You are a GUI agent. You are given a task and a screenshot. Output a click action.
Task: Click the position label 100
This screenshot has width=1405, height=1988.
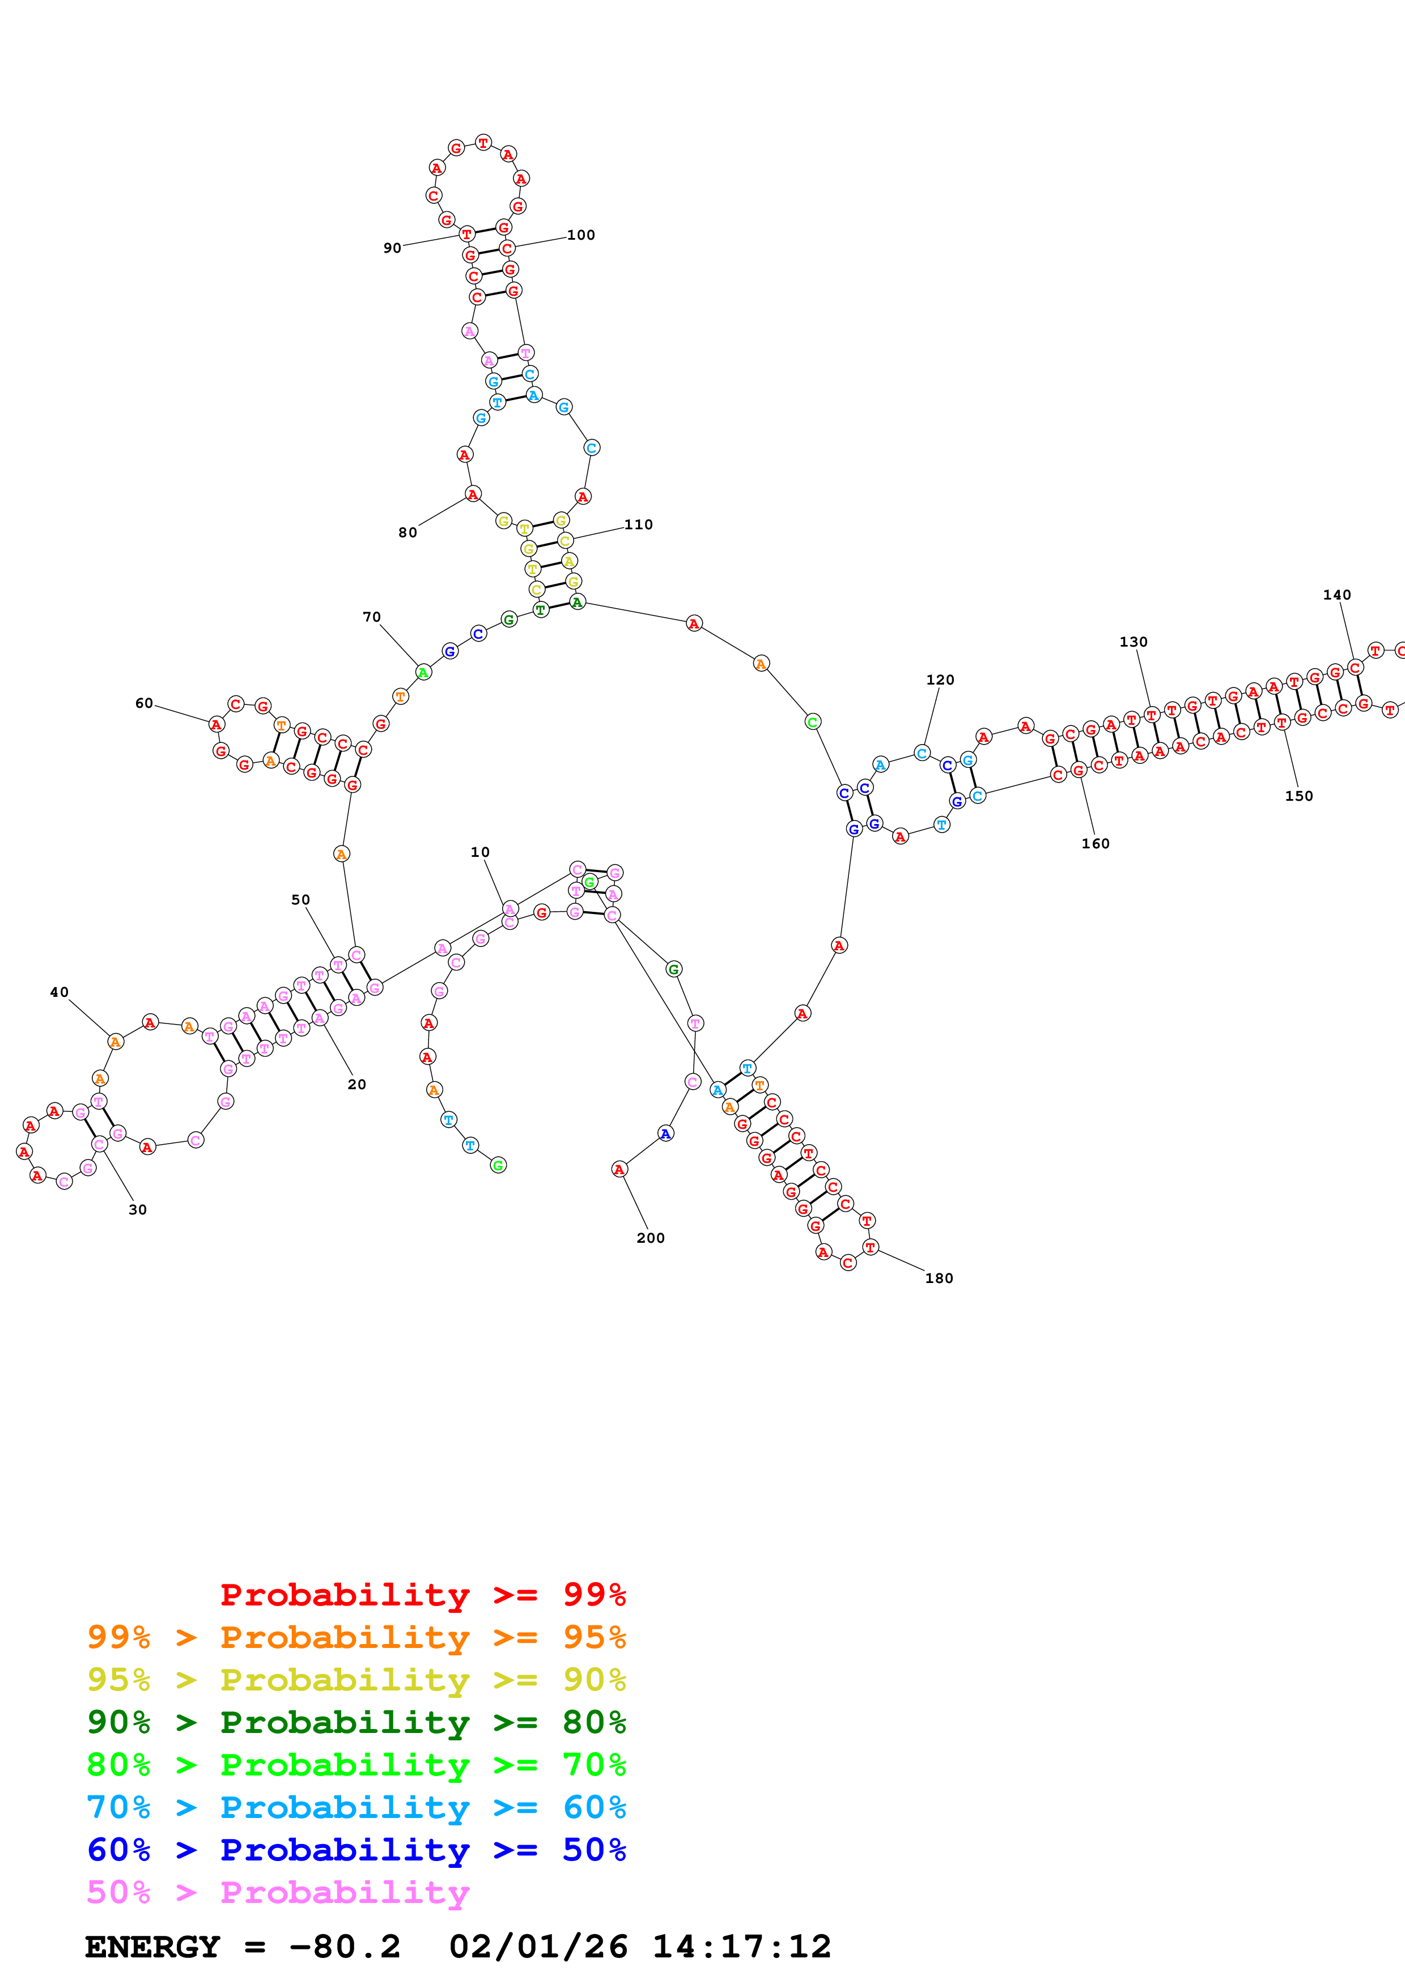581,235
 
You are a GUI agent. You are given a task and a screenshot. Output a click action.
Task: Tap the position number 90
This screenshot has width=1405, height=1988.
392,248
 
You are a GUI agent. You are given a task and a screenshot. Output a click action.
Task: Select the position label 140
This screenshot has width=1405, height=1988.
1336,595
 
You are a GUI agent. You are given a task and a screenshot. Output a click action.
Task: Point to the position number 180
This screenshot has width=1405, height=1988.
939,1278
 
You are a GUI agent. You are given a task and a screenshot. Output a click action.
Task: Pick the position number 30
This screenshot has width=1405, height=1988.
138,1209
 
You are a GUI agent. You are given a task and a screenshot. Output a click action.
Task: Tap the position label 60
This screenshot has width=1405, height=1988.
144,703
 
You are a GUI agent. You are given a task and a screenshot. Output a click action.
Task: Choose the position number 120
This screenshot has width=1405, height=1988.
940,679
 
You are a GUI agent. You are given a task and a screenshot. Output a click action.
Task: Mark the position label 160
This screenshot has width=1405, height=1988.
1095,843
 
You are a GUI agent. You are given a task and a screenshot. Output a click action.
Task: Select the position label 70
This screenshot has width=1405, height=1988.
371,617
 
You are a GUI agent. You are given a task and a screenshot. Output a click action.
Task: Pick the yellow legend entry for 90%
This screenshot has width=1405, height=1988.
356,1679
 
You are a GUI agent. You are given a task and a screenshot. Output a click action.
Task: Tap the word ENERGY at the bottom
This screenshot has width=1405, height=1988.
152,1947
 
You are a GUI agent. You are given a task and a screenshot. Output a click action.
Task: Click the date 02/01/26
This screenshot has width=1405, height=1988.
538,1947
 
